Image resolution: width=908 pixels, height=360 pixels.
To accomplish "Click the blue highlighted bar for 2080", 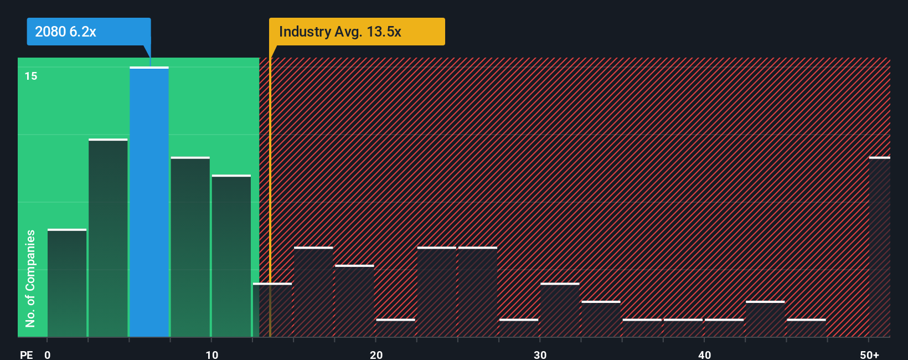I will (149, 202).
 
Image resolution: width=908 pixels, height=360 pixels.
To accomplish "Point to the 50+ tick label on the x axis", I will (869, 354).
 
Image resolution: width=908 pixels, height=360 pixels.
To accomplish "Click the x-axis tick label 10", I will (211, 354).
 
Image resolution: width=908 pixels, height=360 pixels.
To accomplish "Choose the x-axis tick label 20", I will (376, 354).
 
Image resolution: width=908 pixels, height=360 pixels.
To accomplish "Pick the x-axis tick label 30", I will (540, 354).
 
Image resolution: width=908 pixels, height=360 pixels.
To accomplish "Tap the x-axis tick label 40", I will (704, 354).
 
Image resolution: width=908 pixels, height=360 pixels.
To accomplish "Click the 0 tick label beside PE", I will (48, 354).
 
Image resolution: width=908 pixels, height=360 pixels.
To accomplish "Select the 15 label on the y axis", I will (31, 76).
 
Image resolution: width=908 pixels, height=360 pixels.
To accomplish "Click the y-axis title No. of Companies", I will (30, 278).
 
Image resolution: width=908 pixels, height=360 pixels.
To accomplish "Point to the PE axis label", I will (26, 354).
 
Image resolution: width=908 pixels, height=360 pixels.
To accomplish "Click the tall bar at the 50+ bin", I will (879, 247).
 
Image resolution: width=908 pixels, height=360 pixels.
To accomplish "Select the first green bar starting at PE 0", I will (67, 282).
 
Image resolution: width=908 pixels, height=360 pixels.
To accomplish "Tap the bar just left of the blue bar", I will (108, 238).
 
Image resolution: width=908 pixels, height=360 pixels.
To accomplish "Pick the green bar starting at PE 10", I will (231, 256).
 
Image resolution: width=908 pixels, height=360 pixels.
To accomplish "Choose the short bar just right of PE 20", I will (395, 327).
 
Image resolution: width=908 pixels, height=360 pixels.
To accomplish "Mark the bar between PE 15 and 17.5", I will (313, 292).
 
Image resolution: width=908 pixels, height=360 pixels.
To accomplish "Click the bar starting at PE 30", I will (560, 310).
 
